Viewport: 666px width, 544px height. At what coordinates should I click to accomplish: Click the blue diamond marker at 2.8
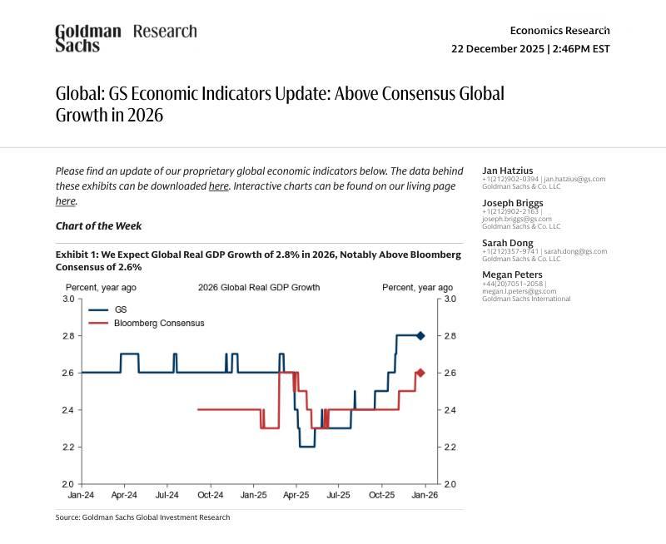(x=420, y=336)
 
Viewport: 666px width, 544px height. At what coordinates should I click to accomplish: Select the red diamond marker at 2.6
(x=420, y=373)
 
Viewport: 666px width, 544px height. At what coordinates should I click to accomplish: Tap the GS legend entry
(x=120, y=309)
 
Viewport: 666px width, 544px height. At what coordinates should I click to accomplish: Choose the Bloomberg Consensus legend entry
(x=158, y=323)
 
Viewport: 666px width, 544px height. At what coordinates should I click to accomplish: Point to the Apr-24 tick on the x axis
(x=124, y=494)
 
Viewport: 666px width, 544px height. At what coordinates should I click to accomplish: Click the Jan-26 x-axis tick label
(x=425, y=494)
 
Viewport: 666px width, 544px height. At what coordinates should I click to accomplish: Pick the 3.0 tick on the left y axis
(x=67, y=299)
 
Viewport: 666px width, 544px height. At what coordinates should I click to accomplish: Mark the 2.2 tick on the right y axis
(x=450, y=447)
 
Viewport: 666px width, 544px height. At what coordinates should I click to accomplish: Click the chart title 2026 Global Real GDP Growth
(x=259, y=287)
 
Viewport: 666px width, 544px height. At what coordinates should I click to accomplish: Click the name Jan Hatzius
(x=508, y=171)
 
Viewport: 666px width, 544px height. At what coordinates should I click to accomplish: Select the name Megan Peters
(x=512, y=274)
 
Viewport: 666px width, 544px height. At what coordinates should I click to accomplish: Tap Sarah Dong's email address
(x=575, y=251)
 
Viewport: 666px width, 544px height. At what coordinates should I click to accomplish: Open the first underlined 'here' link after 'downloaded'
(x=218, y=186)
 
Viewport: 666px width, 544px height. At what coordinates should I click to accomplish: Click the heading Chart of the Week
(x=98, y=225)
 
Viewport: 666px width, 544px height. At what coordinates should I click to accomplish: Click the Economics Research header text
(x=559, y=31)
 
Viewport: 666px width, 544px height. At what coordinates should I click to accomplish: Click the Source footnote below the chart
(x=142, y=517)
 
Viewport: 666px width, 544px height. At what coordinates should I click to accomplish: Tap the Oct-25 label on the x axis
(x=382, y=494)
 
